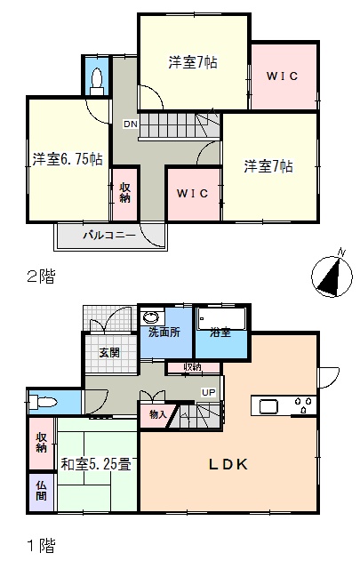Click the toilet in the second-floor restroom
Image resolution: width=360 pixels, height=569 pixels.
[97, 81]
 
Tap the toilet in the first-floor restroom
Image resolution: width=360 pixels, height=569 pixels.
[44, 402]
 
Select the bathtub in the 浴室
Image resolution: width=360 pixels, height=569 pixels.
[221, 318]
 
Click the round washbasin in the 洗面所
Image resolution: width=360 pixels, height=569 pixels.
[151, 317]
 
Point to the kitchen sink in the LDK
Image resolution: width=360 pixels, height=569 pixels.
[268, 406]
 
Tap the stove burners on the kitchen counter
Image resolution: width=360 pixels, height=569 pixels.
[303, 405]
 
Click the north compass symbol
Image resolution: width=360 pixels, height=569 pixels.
[332, 276]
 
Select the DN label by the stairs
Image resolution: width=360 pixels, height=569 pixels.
[131, 124]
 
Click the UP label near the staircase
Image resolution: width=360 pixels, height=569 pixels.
[209, 392]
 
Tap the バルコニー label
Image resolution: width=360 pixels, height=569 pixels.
[109, 235]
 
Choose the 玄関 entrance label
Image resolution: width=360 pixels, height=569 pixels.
[109, 352]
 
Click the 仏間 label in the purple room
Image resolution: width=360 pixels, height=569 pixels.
[41, 491]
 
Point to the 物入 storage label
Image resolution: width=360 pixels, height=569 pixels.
[158, 414]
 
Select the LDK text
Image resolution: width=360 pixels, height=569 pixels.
[228, 464]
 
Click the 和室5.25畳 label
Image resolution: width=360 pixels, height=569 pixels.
[96, 464]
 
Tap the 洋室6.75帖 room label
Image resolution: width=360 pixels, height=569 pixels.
[68, 159]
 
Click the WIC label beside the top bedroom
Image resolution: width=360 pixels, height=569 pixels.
[282, 76]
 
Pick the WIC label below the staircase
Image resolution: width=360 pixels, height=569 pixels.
[192, 193]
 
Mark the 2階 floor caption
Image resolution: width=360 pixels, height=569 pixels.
[41, 276]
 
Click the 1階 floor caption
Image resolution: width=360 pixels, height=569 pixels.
[42, 545]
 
